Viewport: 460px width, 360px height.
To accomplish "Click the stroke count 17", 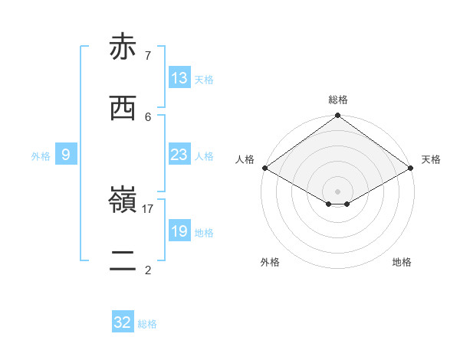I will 148,208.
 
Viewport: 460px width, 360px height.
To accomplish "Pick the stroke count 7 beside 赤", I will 148,55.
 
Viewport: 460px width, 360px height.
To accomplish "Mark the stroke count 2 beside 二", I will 148,270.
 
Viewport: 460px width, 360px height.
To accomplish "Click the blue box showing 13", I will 179,78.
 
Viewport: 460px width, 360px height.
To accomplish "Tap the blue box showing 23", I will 179,155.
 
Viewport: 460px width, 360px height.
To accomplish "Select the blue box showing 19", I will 179,231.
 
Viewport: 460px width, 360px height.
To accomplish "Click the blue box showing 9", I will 66,155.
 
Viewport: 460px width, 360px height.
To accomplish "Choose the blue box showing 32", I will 123,322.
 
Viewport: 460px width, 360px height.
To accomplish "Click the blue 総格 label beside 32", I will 147,324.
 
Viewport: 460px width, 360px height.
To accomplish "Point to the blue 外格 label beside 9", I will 41,156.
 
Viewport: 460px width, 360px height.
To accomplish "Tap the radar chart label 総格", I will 337,100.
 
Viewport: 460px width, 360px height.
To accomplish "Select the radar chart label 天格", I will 431,159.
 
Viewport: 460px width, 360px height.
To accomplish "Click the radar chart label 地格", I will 402,262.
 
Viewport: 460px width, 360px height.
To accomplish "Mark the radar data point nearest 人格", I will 264,168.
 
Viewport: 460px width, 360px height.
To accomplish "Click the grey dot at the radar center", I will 337,191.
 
